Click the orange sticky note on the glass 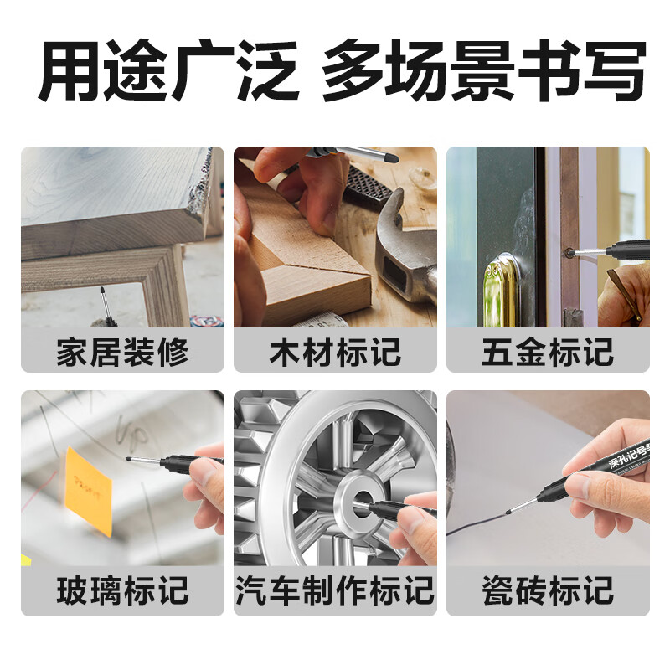pyautogui.click(x=88, y=490)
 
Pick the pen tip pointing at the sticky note pyautogui.click(x=128, y=458)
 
